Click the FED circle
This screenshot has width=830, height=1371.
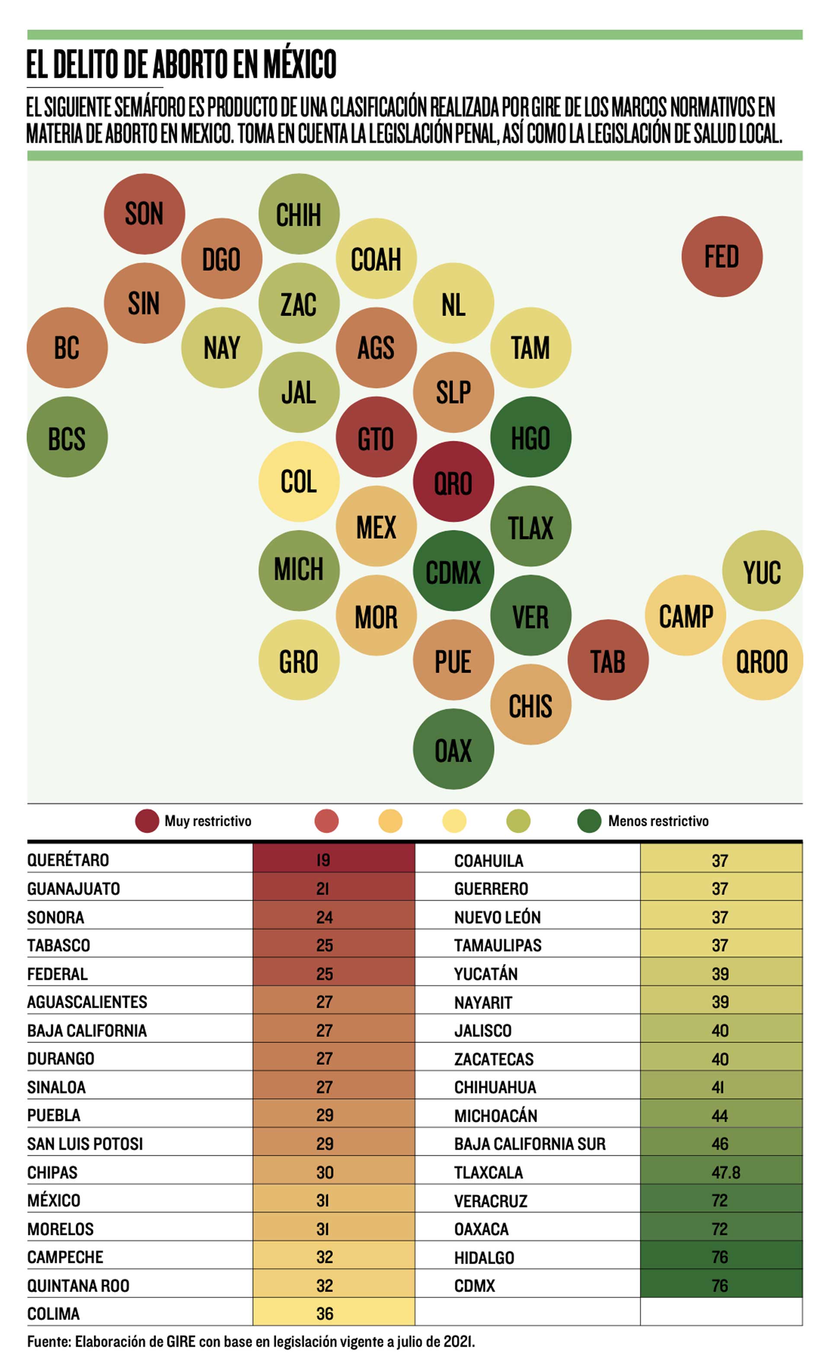pos(721,257)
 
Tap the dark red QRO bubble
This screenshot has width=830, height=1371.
pos(453,482)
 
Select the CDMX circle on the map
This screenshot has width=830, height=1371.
pos(453,571)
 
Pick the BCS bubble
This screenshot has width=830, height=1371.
pos(67,437)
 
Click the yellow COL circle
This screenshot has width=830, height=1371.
pos(299,482)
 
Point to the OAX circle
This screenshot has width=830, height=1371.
pos(453,749)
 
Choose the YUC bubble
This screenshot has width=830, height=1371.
pos(762,571)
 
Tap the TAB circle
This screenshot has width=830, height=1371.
pos(608,660)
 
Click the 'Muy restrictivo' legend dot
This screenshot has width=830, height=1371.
pos(147,821)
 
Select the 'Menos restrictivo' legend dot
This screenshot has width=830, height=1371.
pos(589,821)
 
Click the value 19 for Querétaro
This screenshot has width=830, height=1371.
pos(323,860)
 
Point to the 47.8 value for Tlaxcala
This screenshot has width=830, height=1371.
pos(725,1172)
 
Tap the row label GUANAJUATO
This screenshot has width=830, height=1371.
pos(73,889)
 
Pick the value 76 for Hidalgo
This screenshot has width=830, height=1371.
pos(720,1257)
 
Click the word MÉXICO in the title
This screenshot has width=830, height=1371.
pos(300,64)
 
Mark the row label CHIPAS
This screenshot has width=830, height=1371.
pos(52,1172)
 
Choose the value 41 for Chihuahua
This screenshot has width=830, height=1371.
pos(718,1087)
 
